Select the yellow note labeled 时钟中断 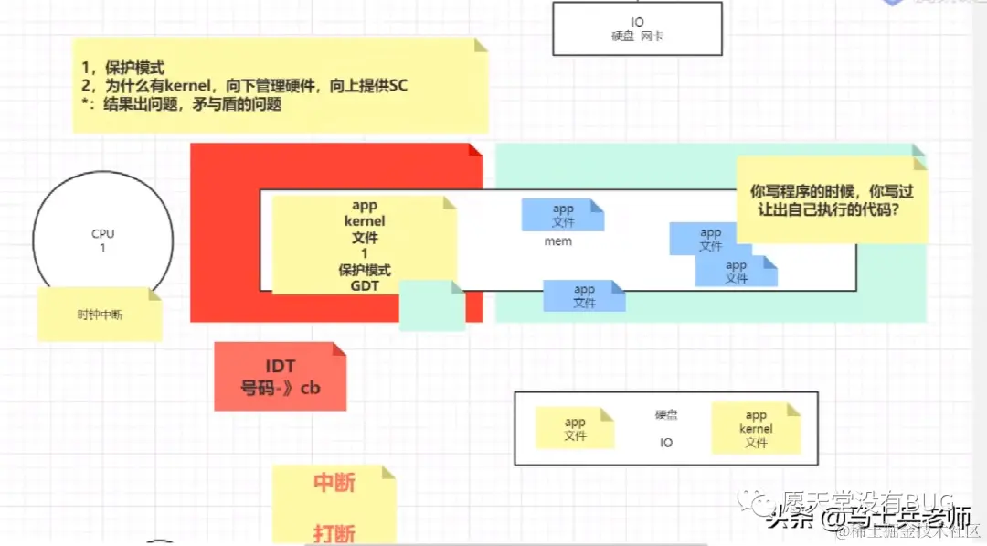click(99, 315)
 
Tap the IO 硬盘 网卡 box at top click(637, 28)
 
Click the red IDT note click(280, 377)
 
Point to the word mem click(557, 241)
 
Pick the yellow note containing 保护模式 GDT click(364, 245)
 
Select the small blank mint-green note click(432, 305)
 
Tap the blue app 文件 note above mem click(562, 215)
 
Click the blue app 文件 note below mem click(584, 295)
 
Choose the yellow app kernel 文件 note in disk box click(756, 428)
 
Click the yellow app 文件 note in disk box click(575, 428)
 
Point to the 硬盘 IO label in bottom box click(666, 428)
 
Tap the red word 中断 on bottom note click(334, 482)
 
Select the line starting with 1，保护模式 click(122, 68)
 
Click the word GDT click(364, 285)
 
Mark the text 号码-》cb click(280, 388)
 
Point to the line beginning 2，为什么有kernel click(244, 86)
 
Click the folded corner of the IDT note click(339, 349)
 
